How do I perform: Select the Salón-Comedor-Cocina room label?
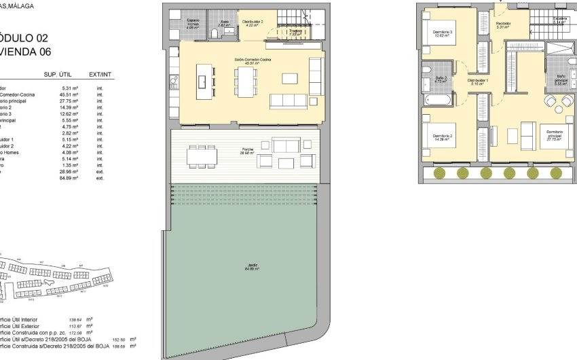249,60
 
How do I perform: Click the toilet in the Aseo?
215,33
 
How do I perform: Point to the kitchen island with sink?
202,80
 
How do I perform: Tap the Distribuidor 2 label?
253,22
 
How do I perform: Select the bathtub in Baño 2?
432,100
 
